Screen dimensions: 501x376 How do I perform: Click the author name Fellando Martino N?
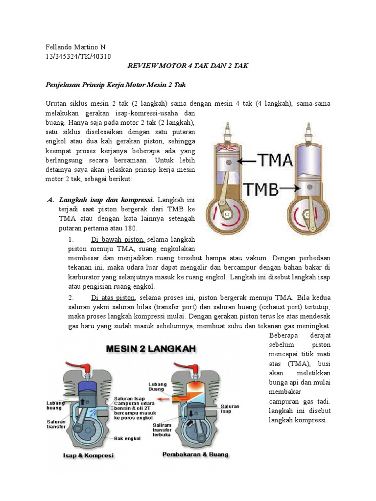click(75, 47)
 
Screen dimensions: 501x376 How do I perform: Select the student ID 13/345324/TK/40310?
click(78, 56)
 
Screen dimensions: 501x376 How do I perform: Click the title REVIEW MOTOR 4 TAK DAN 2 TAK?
click(188, 66)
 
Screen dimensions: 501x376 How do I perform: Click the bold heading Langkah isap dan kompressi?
click(107, 200)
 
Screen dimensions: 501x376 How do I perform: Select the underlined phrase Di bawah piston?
click(117, 239)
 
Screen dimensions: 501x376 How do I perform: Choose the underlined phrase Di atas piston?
click(113, 297)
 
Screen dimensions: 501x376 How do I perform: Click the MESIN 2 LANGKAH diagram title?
click(151, 349)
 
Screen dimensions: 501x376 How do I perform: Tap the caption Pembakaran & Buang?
click(195, 455)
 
